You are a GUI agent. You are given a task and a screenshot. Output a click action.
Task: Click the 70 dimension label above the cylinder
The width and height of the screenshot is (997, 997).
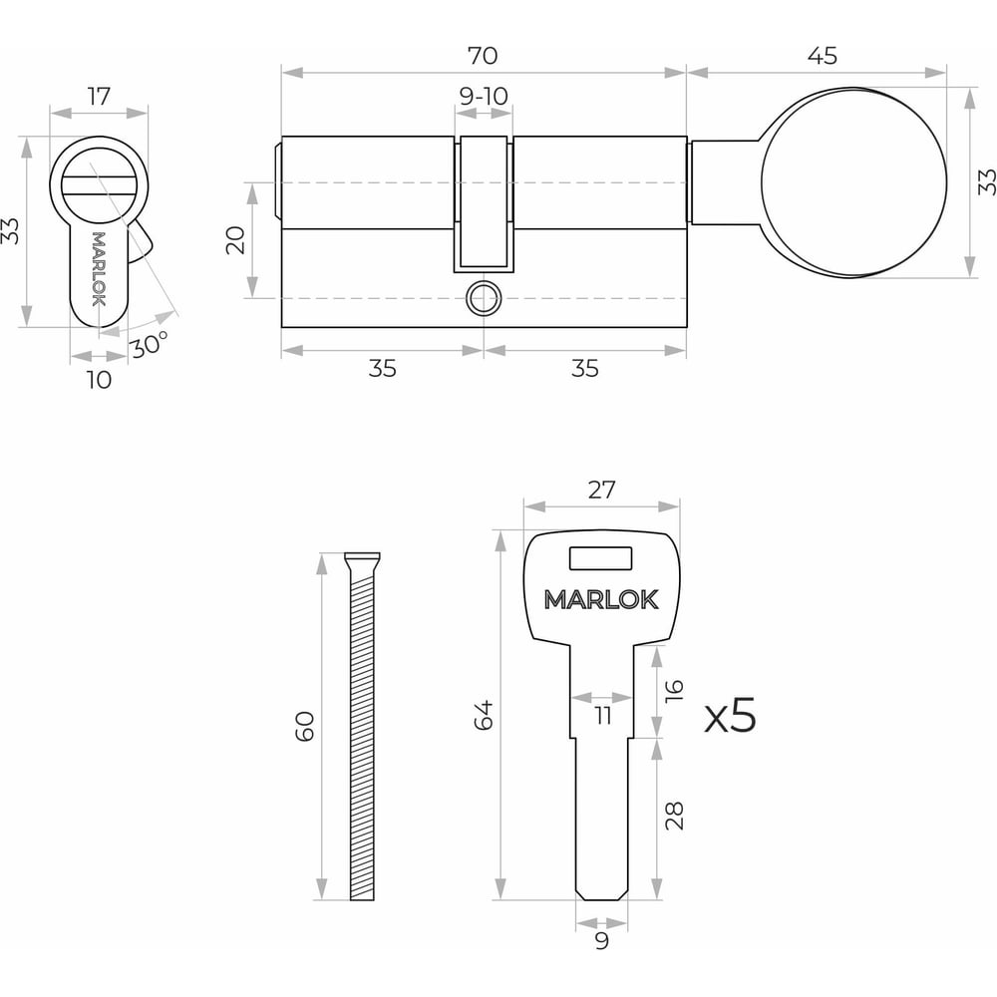483,56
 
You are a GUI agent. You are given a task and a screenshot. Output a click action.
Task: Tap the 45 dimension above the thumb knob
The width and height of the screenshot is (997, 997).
823,56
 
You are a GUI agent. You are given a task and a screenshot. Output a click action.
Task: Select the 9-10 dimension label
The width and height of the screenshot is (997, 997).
484,97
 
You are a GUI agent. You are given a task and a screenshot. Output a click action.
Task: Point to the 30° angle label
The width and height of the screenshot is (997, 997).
150,345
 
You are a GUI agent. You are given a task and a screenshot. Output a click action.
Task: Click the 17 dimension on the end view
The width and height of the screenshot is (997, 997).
99,97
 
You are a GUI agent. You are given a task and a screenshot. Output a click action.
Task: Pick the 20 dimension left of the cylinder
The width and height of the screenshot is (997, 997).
236,239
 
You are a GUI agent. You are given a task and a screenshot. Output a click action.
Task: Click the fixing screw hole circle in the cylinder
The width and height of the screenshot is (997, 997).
484,298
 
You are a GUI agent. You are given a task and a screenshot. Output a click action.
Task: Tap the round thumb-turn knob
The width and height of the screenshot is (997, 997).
853,182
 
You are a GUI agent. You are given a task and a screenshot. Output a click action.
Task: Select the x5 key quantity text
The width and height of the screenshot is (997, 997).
731,715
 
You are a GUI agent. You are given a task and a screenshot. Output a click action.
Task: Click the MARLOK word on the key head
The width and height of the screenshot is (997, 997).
601,599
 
